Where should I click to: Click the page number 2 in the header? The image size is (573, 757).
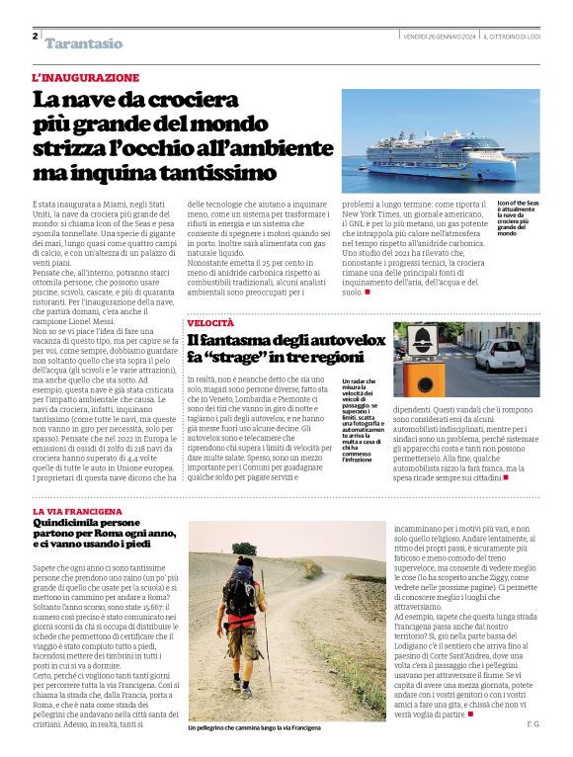35,37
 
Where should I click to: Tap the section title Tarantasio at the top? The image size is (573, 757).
84,43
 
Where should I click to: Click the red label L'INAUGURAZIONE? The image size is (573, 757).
86,77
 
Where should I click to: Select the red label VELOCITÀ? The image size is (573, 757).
210,323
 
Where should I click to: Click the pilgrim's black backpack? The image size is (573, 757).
241,592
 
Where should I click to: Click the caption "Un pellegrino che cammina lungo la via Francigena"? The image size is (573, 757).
254,727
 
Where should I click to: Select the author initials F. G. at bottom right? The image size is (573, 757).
533,724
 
